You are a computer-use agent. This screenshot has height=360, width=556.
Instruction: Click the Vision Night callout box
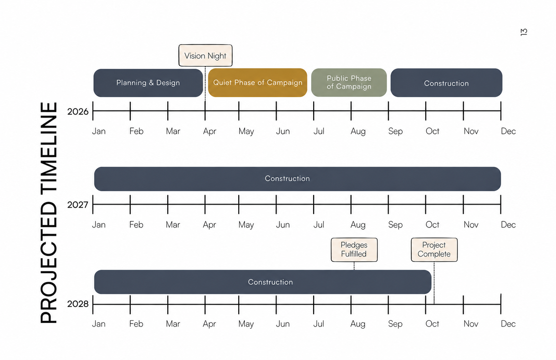point(205,55)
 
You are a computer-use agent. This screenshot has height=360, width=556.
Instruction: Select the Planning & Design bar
point(148,83)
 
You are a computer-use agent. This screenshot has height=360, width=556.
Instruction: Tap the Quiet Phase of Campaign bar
point(257,83)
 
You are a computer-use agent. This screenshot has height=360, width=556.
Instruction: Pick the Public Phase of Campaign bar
point(349,82)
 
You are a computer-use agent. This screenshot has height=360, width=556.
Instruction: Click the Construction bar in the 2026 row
point(446,83)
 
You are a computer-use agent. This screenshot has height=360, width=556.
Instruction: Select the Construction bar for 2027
point(297,179)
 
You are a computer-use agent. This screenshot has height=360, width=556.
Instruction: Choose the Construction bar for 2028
point(262,282)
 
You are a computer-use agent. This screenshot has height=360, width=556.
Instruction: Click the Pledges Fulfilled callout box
point(354,249)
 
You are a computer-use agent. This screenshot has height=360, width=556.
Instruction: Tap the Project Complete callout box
point(434,249)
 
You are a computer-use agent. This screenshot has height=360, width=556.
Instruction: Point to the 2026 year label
point(78,111)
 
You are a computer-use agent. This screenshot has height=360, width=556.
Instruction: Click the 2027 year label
point(78,205)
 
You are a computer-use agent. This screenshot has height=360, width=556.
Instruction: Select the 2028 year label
point(78,304)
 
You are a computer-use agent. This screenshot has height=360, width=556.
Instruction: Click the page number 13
point(524,32)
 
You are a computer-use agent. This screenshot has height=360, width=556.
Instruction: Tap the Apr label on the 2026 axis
point(209,131)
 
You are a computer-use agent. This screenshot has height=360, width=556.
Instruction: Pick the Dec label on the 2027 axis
point(508,225)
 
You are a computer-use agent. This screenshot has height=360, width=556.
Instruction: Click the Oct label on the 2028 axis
point(432,324)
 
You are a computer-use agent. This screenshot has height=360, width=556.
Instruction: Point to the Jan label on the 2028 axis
point(98,324)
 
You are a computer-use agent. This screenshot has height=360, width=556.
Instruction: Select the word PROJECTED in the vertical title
point(49,262)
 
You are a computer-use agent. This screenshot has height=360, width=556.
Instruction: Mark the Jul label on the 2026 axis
point(319,131)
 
